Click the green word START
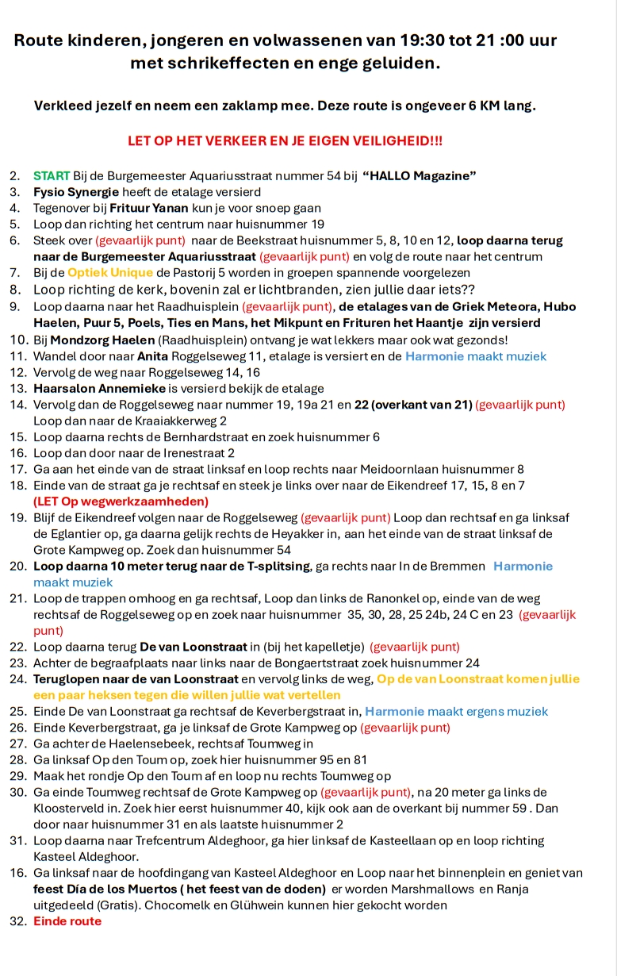[x=52, y=175]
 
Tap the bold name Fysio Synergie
[x=76, y=192]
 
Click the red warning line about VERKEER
[x=286, y=141]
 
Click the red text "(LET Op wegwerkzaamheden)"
[x=121, y=501]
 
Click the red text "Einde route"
[x=67, y=921]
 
